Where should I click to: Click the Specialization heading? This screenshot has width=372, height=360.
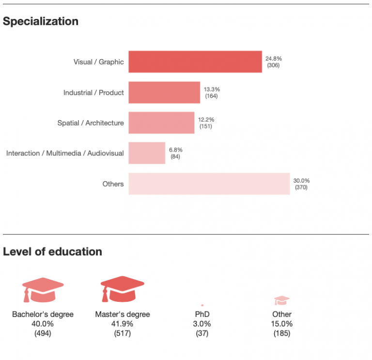[41, 21]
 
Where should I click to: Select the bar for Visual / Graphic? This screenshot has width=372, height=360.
[195, 62]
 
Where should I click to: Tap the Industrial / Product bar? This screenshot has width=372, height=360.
[164, 93]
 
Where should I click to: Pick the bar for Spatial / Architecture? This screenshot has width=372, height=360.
[161, 123]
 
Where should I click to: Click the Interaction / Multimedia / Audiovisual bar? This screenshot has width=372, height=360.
[147, 153]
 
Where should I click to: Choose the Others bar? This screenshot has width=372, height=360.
[209, 184]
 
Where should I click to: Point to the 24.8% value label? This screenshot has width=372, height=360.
[273, 59]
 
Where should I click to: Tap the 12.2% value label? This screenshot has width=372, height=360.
[206, 119]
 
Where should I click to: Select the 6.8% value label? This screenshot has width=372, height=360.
[175, 150]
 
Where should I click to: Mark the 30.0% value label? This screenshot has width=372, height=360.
[301, 180]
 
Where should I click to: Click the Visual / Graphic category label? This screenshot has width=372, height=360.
[98, 62]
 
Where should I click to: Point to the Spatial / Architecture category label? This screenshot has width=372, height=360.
[91, 123]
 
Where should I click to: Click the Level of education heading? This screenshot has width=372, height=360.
[52, 251]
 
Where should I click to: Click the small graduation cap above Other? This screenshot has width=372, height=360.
[281, 301]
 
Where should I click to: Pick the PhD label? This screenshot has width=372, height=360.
[202, 314]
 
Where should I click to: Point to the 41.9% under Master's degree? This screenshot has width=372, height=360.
[123, 324]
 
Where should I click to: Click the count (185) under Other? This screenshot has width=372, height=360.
[281, 333]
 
